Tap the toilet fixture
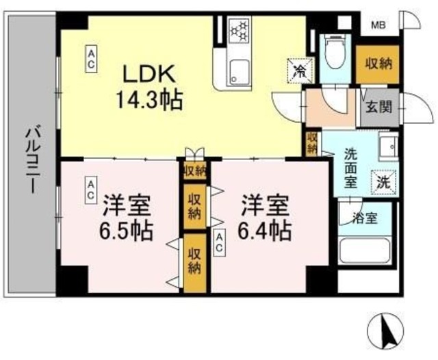(x=335, y=51)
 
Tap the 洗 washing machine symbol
(x=384, y=182)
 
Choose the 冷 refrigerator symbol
(x=299, y=69)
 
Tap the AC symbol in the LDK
(x=90, y=57)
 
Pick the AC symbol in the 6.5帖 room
(x=90, y=190)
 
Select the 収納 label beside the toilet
(x=376, y=64)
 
